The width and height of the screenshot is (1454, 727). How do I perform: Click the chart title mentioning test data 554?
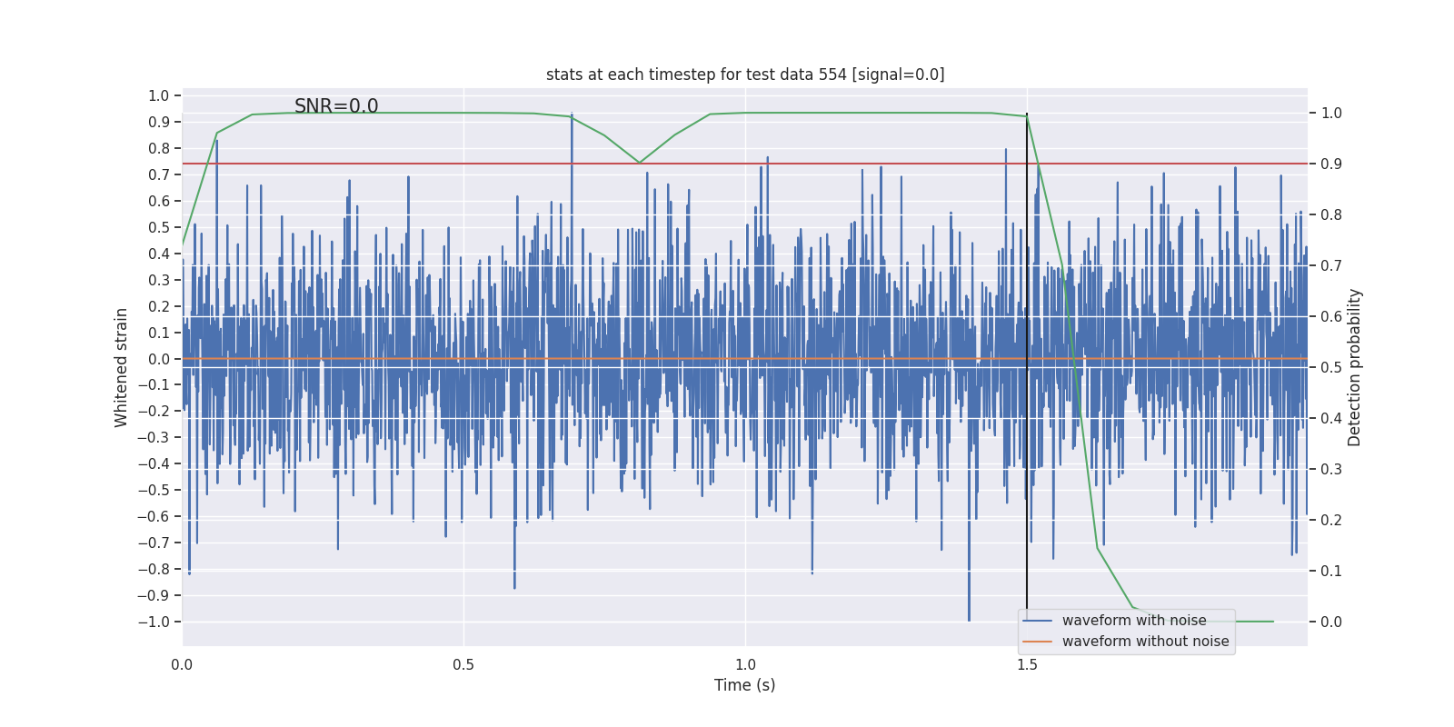coord(745,75)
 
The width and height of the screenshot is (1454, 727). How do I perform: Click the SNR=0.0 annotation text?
coord(336,106)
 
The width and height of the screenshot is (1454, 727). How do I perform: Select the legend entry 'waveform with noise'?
coord(1134,621)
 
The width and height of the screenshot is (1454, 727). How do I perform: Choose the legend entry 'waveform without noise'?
coord(1145,642)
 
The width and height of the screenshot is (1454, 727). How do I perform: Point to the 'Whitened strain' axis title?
coord(122,367)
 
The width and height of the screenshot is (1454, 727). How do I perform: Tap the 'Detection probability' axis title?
coord(1355,367)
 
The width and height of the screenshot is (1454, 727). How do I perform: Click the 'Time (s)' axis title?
coord(745,685)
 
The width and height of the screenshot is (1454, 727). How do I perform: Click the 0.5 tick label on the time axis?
coord(463,664)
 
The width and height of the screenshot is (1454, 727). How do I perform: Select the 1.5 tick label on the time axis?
coord(1027,664)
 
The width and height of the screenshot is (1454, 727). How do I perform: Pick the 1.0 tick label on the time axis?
coord(745,664)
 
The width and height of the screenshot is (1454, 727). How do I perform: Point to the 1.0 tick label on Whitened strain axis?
coord(158,96)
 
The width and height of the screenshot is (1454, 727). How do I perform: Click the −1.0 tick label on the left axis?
coord(154,622)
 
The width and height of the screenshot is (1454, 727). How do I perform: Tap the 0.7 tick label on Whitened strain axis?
coord(158,174)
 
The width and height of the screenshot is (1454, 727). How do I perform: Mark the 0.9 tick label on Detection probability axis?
coord(1331,164)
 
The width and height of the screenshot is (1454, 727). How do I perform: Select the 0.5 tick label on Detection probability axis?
coord(1331,367)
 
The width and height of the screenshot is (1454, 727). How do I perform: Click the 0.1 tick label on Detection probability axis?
coord(1331,571)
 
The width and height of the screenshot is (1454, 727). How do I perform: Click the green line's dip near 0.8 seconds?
coord(639,163)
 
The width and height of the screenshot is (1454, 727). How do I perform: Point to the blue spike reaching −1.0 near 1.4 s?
coord(969,620)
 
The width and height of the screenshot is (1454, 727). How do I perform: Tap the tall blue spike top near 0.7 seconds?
coord(572,115)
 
